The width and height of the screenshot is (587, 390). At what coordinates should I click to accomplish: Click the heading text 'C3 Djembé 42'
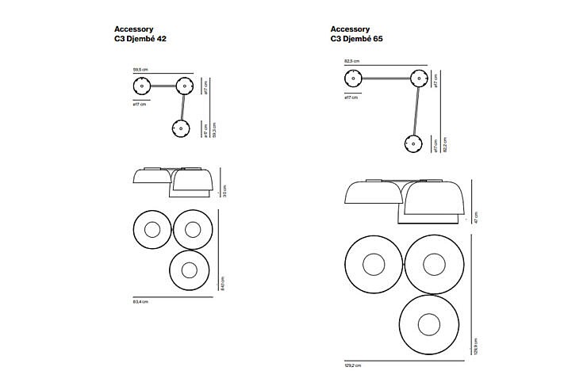point(140,38)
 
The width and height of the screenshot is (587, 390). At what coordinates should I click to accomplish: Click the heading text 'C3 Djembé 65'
point(358,38)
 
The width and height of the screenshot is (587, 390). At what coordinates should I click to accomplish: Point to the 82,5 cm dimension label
point(351,60)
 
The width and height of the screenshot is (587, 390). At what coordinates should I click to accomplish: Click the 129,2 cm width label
point(353,365)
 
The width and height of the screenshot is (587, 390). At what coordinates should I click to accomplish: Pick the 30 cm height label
point(224,191)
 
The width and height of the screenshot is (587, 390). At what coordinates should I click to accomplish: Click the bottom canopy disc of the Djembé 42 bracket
point(181,128)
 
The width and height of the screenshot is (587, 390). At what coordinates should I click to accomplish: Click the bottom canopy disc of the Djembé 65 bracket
point(412,143)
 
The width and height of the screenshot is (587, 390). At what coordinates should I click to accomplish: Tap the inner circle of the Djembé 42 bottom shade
point(189,270)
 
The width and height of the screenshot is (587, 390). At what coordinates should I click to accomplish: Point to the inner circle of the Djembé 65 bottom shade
point(429,325)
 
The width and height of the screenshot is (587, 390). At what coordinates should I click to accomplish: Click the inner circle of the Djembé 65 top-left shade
point(374,265)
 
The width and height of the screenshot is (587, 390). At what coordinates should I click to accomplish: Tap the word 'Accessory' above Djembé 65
point(350,29)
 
